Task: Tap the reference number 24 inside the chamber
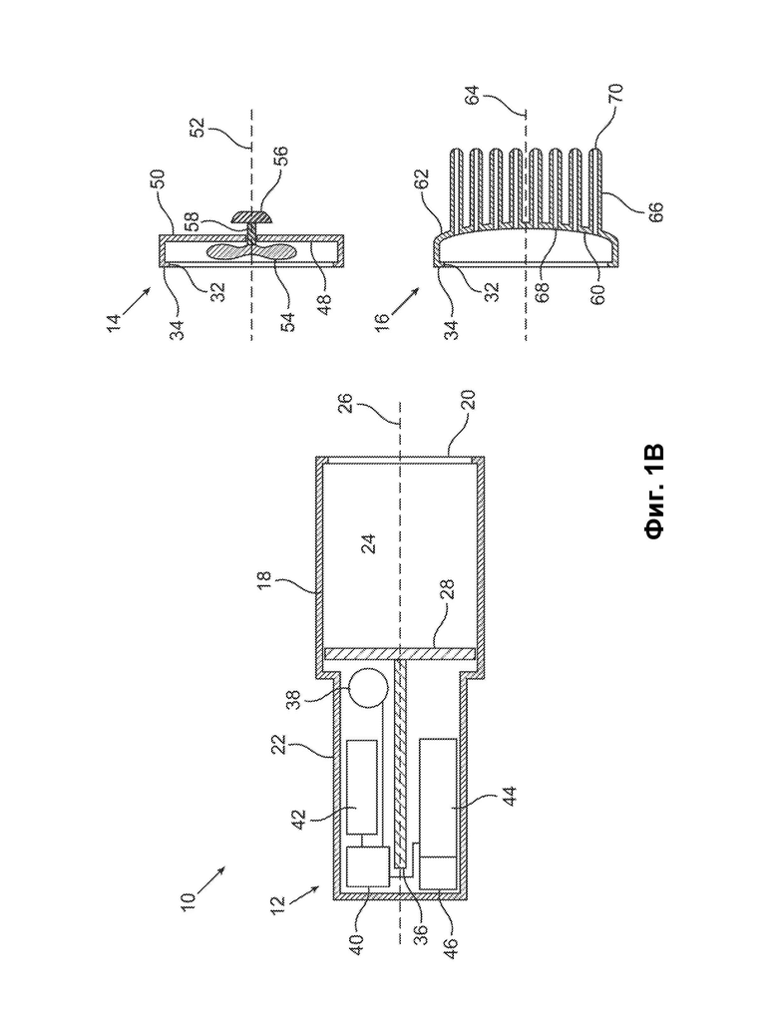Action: pos(369,542)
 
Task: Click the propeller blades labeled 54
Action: pos(250,251)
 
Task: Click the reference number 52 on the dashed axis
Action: pos(198,125)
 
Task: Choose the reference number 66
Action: pos(655,211)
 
